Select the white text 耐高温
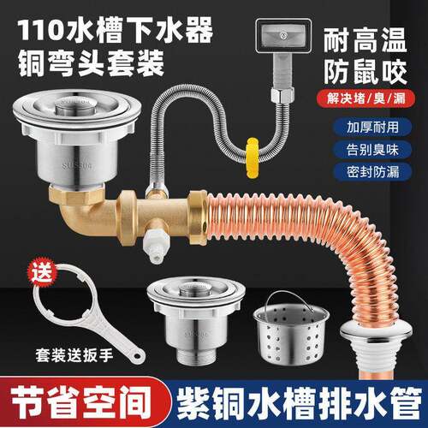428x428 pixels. [370, 41]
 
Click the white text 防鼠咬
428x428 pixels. [370, 68]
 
